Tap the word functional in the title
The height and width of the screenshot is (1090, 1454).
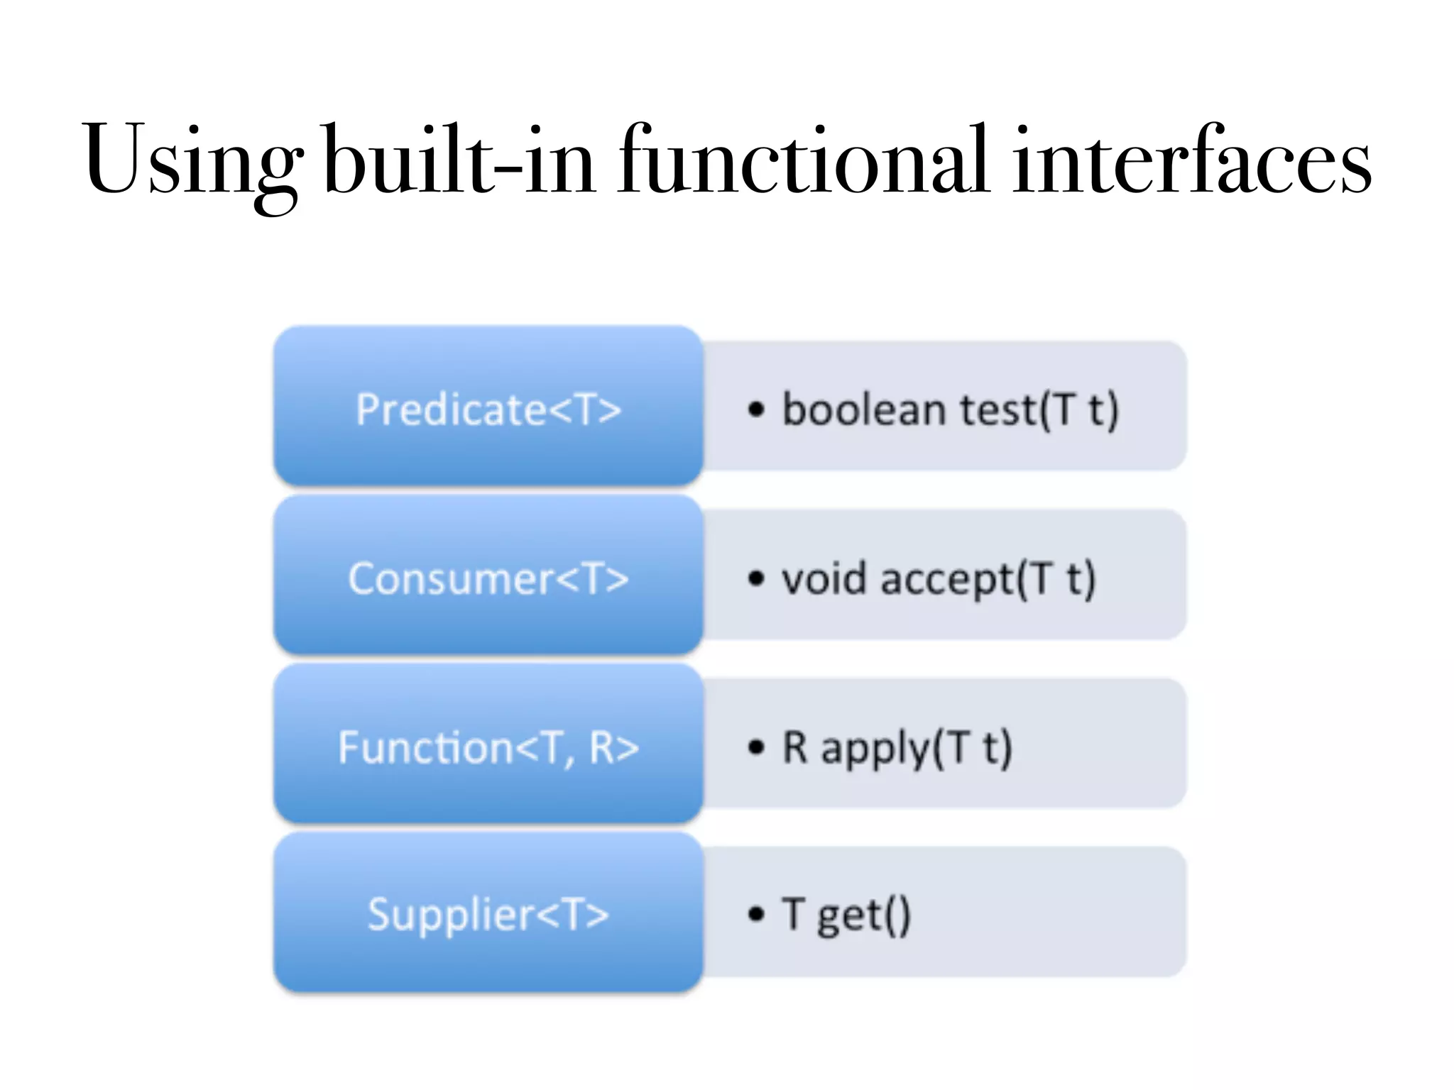pyautogui.click(x=803, y=160)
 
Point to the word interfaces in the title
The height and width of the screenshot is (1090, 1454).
pyautogui.click(x=1192, y=160)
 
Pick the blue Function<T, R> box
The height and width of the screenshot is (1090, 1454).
pyautogui.click(x=488, y=746)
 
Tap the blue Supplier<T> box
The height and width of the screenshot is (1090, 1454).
pyautogui.click(x=488, y=913)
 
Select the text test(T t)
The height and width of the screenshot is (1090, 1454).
pyautogui.click(x=1039, y=409)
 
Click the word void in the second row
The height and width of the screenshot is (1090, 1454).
pyautogui.click(x=824, y=578)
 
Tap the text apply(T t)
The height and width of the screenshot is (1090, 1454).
pyautogui.click(x=917, y=749)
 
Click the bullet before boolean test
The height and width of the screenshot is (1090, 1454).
pyautogui.click(x=757, y=409)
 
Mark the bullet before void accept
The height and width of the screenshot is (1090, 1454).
pyautogui.click(x=757, y=578)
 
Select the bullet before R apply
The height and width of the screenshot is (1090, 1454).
pyautogui.click(x=757, y=747)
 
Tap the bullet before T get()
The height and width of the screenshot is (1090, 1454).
pyautogui.click(x=757, y=914)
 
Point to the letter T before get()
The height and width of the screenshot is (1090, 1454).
pyautogui.click(x=794, y=913)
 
